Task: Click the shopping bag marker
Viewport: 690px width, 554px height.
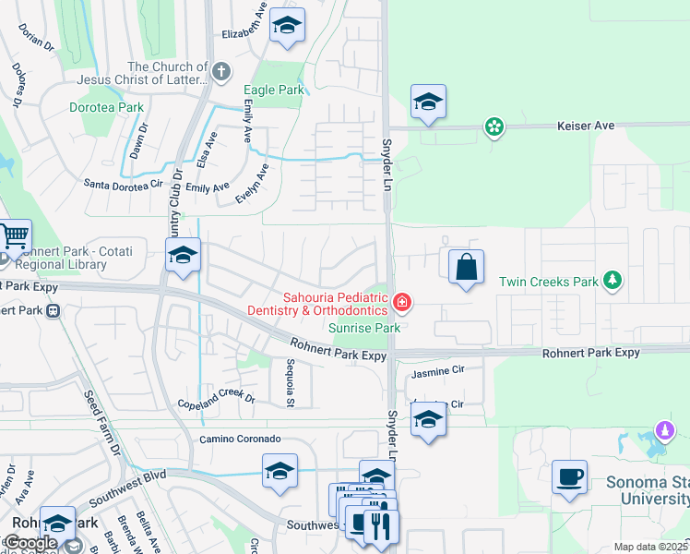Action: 467,267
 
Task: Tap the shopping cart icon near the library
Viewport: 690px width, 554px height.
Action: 15,238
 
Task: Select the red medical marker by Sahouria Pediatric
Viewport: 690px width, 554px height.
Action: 402,302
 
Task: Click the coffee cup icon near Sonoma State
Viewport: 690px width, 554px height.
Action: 569,477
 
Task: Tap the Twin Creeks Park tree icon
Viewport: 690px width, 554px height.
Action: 610,280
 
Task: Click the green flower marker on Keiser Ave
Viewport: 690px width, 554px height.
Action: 494,126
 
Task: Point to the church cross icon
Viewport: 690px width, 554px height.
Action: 220,71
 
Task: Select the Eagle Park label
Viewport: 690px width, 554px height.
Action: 273,90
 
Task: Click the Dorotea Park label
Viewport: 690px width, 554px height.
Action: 107,107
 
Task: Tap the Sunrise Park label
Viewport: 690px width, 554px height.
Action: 364,328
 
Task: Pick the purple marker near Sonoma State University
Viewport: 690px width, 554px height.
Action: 664,429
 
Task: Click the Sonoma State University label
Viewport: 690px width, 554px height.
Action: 647,491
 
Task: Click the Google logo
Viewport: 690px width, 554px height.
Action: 30,544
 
